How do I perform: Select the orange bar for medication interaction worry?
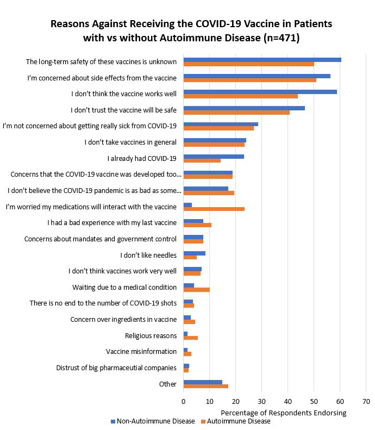click(x=214, y=209)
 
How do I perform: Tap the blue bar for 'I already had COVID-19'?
click(x=214, y=157)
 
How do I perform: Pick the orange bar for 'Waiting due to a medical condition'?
click(x=196, y=290)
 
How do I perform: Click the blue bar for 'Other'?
click(x=203, y=382)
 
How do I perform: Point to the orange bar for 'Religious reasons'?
click(x=190, y=338)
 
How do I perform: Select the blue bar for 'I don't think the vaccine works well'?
click(x=260, y=92)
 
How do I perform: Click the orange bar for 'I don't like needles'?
click(x=190, y=258)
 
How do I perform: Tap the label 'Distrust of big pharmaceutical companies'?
click(x=116, y=368)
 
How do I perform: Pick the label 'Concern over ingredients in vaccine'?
click(x=123, y=319)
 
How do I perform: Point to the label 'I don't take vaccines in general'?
click(x=130, y=142)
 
